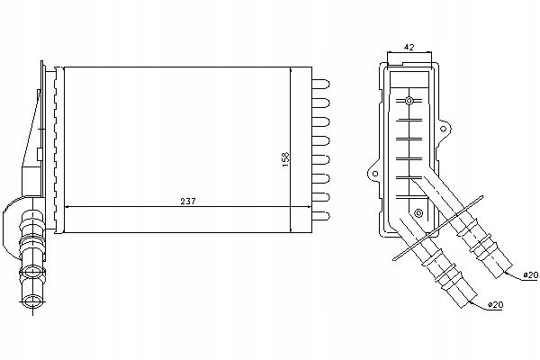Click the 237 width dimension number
[x=187, y=201]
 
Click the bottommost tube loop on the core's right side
[x=322, y=214]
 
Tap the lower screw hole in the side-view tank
[x=418, y=213]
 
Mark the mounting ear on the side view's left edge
[x=371, y=168]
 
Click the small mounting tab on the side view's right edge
[x=444, y=128]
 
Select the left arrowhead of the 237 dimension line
[x=72, y=207]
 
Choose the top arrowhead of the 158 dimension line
[x=291, y=71]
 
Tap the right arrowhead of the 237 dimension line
[x=287, y=207]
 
